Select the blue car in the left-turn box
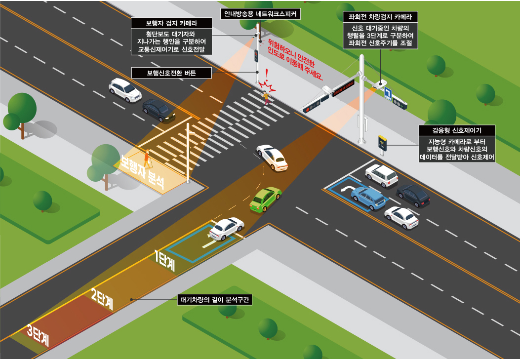[368, 198]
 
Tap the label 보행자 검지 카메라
[171, 23]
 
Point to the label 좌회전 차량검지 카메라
[380, 17]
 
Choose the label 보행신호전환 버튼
[171, 73]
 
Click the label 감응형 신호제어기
[457, 130]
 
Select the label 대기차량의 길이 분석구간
[214, 300]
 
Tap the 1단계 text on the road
[165, 261]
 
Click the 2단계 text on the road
[102, 299]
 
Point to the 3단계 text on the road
[38, 335]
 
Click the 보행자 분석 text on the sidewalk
[142, 172]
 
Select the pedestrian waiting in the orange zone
[146, 159]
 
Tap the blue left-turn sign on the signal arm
[388, 94]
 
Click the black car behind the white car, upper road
[159, 110]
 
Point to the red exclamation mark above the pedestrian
[267, 74]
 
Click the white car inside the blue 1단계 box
[227, 228]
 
